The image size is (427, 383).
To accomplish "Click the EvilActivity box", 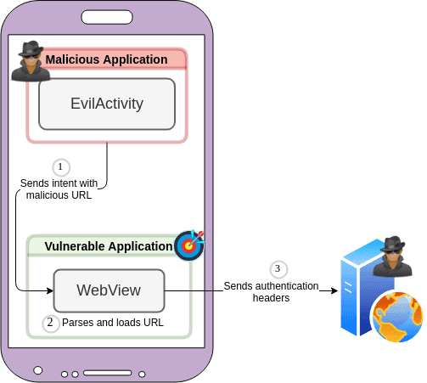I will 106,104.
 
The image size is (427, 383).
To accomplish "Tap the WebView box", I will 109,290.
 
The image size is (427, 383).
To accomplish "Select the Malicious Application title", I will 106,59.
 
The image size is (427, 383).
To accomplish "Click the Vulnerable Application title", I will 108,246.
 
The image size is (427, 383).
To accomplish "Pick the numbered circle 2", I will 50,323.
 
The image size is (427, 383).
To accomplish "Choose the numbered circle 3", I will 277,268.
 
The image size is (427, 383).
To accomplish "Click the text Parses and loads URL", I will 112,324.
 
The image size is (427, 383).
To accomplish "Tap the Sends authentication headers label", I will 271,291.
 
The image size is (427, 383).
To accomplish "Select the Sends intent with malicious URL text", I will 59,189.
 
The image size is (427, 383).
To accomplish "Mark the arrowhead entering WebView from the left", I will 48,290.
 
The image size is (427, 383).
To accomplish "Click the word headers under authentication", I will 271,298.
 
